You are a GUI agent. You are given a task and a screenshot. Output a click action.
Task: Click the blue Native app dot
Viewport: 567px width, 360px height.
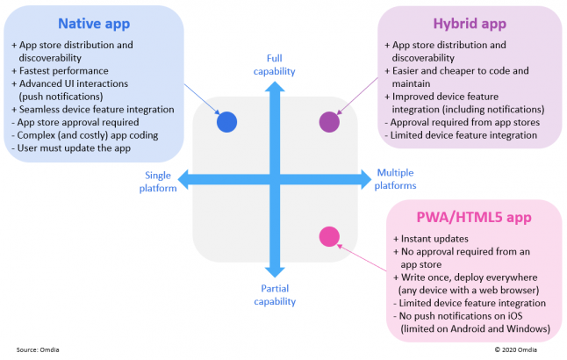point(226,122)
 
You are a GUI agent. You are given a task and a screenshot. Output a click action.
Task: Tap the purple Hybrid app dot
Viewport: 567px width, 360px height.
point(329,122)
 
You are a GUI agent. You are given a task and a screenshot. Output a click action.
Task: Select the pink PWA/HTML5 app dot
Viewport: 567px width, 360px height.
point(329,236)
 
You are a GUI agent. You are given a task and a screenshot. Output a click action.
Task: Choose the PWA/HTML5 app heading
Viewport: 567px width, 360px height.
point(478,216)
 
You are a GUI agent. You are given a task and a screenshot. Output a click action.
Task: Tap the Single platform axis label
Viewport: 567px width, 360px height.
point(158,181)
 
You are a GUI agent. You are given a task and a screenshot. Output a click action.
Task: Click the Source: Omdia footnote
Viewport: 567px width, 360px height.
point(41,349)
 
